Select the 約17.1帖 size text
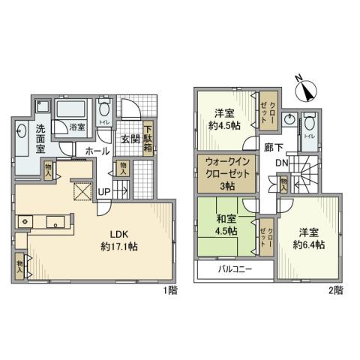(x=118, y=245)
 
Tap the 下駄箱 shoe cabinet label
(x=148, y=136)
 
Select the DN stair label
(x=278, y=163)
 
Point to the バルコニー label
(x=234, y=268)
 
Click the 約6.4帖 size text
(x=309, y=245)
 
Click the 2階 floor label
(x=334, y=288)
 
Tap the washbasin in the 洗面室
(x=22, y=133)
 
